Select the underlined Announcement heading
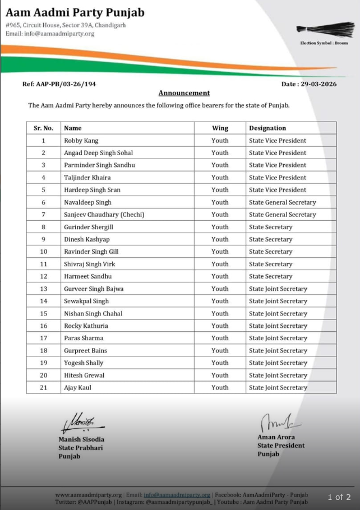tap(184, 93)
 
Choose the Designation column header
tap(267, 128)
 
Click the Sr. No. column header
tap(43, 128)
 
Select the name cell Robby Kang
tap(81, 141)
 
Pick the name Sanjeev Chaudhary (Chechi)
tap(104, 215)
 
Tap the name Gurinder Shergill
tap(89, 227)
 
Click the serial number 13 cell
tap(43, 289)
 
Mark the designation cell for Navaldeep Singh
tap(283, 202)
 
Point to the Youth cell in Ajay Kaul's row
tap(220, 387)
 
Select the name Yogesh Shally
tap(84, 363)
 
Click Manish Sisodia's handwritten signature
tap(76, 422)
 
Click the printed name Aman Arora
tap(276, 437)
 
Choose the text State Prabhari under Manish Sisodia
tap(81, 448)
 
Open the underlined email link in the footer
tap(177, 495)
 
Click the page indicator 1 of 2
tap(339, 497)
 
